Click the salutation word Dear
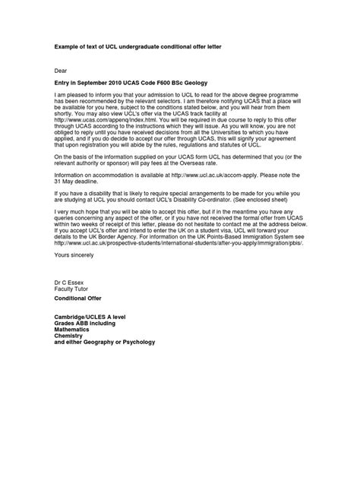coord(61,69)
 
